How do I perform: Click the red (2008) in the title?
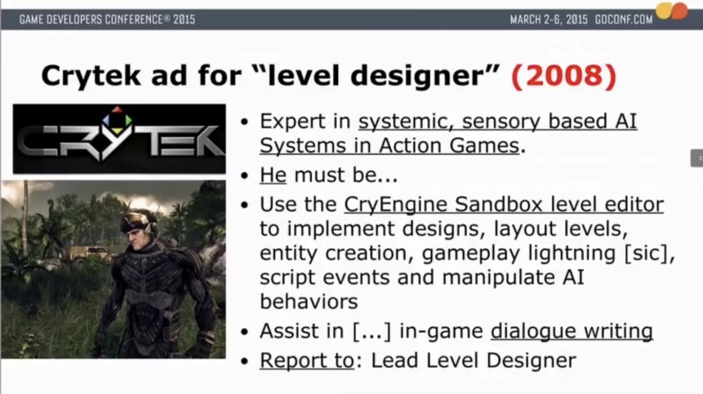coord(564,76)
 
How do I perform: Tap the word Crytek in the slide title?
coord(91,77)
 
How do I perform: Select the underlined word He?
coord(273,175)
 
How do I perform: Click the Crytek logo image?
coord(119,139)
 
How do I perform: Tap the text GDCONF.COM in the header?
coord(624,20)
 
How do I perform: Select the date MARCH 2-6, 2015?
coord(549,20)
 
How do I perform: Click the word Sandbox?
coord(499,204)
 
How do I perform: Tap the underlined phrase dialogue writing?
coord(572,331)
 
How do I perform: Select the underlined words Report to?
coord(307,360)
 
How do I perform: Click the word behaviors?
coord(309,301)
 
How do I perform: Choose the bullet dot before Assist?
coord(244,332)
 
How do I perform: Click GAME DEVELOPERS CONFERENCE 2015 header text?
coord(107,20)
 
